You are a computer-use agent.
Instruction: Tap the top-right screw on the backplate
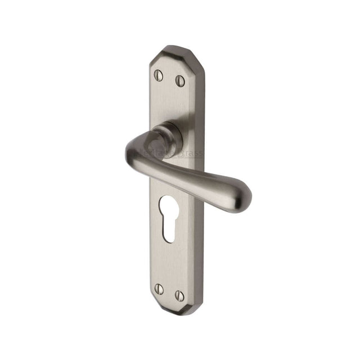(180, 80)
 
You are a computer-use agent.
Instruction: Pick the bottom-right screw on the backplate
(179, 294)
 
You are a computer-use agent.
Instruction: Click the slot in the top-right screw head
(180, 80)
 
